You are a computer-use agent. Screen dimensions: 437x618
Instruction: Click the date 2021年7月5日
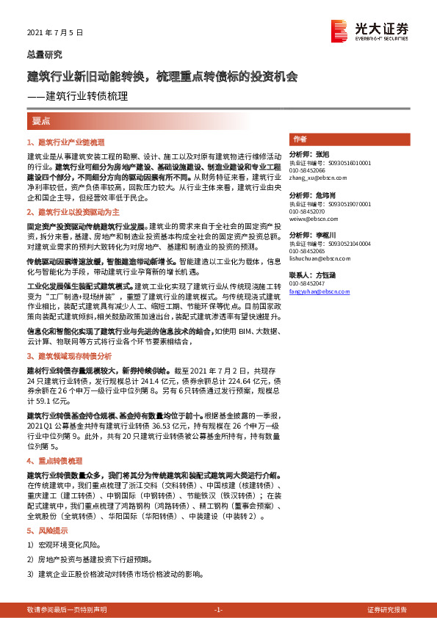click(x=55, y=34)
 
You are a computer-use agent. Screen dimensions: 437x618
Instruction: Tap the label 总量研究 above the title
click(x=45, y=54)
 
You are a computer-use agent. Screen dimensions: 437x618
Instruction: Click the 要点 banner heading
click(x=40, y=120)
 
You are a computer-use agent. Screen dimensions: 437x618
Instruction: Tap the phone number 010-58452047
click(x=307, y=283)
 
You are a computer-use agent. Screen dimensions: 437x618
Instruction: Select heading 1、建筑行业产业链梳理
click(x=66, y=141)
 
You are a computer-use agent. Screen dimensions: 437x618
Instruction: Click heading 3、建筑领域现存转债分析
click(x=69, y=355)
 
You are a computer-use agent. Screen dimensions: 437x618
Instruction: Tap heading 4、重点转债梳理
click(x=54, y=461)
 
